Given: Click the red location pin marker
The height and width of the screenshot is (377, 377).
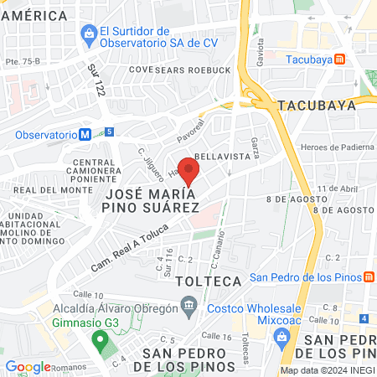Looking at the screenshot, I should tap(189, 170).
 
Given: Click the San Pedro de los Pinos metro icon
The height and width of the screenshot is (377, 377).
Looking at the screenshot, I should tap(369, 277).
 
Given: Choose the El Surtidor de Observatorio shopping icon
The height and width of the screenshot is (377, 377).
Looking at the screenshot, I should tap(88, 35).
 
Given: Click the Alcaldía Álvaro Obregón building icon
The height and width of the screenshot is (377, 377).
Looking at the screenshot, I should tap(190, 307).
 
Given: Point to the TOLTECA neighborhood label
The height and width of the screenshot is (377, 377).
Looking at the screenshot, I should tap(213, 280).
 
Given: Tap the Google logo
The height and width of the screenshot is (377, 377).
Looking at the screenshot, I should tap(28, 366).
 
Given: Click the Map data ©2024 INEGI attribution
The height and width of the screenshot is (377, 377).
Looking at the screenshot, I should tap(326, 370).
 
